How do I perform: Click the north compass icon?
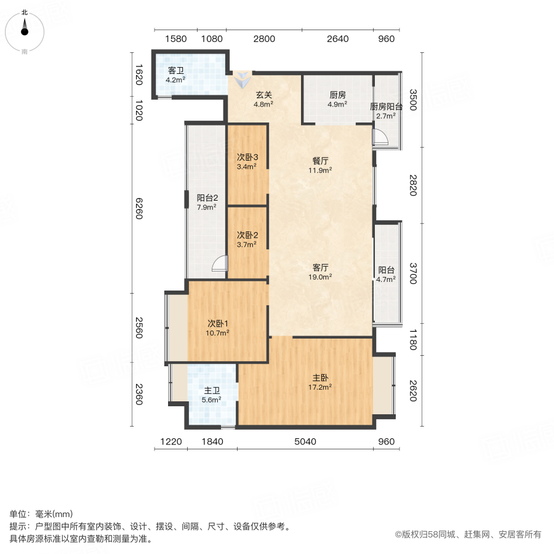click(x=25, y=29)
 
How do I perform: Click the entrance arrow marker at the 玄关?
click(x=244, y=78)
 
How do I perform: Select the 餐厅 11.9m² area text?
click(x=321, y=171)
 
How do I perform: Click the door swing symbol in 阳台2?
click(x=219, y=265)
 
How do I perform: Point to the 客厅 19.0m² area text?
click(x=321, y=277)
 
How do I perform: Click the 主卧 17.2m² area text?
click(x=321, y=387)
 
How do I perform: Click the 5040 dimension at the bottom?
click(x=305, y=442)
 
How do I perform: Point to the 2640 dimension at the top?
click(x=337, y=39)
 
